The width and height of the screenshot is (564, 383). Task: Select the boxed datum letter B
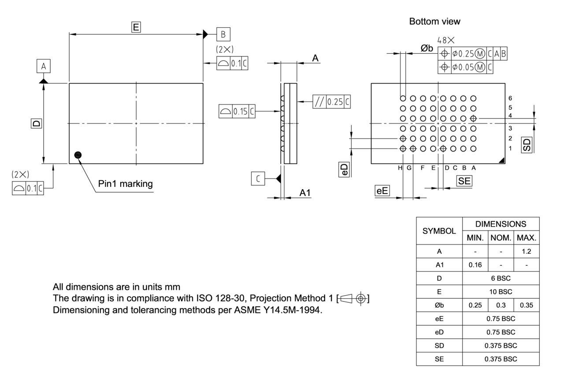pos(223,34)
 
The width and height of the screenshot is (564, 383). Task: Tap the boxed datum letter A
pos(43,67)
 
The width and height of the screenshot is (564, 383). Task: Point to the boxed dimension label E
pos(136,27)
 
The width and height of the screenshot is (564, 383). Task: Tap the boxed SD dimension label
pos(527,145)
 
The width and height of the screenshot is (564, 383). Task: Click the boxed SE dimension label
pos(464,180)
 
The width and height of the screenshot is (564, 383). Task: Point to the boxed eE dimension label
pos(382,191)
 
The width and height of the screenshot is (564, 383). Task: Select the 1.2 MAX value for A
pos(527,251)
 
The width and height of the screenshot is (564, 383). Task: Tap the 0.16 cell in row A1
pos(475,265)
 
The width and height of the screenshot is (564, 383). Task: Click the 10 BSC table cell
pos(501,292)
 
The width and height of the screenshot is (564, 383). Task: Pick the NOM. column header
pos(501,238)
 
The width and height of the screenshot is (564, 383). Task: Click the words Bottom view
pos(434,21)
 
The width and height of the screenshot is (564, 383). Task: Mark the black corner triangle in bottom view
pos(501,161)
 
